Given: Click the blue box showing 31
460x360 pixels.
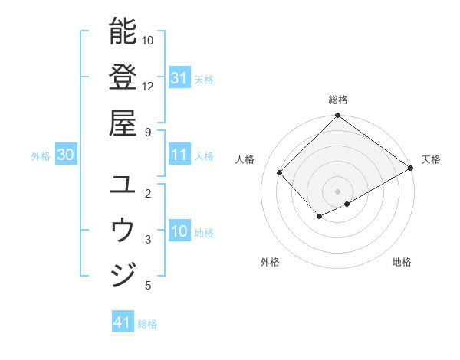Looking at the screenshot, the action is point(179,77).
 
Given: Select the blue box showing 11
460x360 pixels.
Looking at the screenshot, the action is point(179,155).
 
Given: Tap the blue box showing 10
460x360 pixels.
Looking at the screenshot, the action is point(179,231).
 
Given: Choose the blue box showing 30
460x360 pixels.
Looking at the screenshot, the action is point(65,155).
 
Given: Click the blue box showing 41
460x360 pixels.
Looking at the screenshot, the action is point(123,322).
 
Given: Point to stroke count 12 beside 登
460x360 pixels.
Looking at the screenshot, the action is point(148,86).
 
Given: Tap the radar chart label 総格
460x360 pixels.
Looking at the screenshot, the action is point(338,100).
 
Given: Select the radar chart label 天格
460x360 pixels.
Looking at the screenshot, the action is point(431,159).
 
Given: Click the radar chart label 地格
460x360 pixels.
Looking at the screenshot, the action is point(402,262).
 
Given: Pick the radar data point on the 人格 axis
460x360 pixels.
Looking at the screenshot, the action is point(280,172).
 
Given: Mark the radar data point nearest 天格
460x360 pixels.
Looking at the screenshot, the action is point(411,168).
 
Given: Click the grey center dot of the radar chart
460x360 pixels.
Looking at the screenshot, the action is point(337,191).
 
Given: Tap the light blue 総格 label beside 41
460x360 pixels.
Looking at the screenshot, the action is point(147,323).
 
